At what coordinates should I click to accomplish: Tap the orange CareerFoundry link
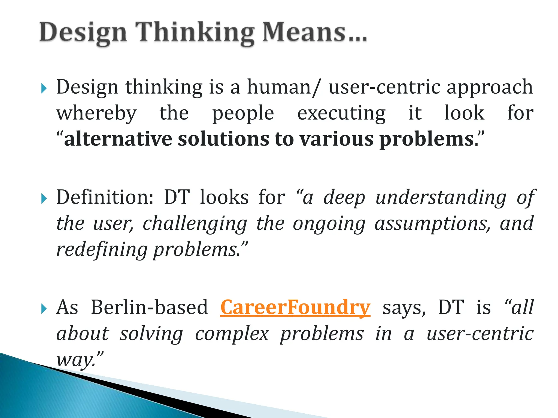click(295, 308)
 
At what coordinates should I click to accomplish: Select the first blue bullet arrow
click(44, 88)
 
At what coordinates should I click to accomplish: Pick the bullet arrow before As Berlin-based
click(44, 309)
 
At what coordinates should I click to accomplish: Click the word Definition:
click(105, 197)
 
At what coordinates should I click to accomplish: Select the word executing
click(341, 114)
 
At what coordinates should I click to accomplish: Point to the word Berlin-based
click(149, 308)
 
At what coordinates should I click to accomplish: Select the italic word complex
click(232, 334)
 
